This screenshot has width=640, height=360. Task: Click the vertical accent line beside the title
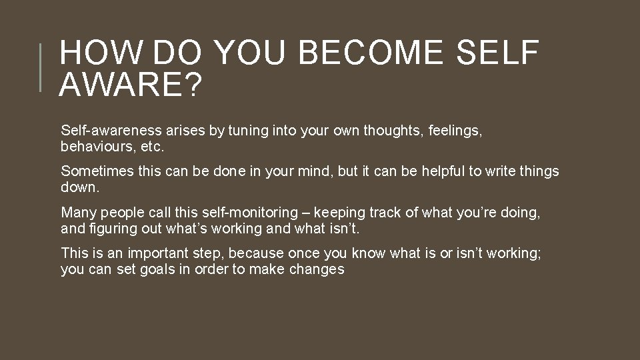41,67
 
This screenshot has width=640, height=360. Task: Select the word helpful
439,171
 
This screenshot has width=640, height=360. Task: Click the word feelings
459,131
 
